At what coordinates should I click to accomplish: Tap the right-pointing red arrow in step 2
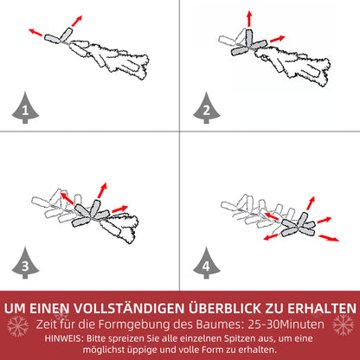click(275, 39)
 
